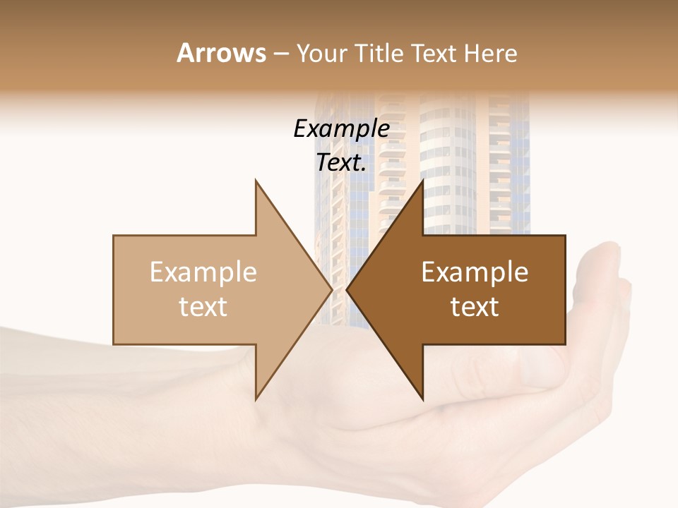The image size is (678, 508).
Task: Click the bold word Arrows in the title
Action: click(x=221, y=53)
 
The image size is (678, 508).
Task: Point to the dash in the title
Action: click(x=280, y=54)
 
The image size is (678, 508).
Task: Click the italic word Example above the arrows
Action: click(x=341, y=128)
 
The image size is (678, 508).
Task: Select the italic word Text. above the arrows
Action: click(x=341, y=163)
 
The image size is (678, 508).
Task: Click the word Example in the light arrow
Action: click(x=203, y=272)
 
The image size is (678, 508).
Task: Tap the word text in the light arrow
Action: click(x=203, y=307)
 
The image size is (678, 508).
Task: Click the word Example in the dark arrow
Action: click(x=475, y=272)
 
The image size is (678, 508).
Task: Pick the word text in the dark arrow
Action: click(x=475, y=307)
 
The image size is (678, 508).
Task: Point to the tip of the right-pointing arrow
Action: click(x=331, y=289)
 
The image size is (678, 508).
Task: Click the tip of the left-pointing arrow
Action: click(x=348, y=289)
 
